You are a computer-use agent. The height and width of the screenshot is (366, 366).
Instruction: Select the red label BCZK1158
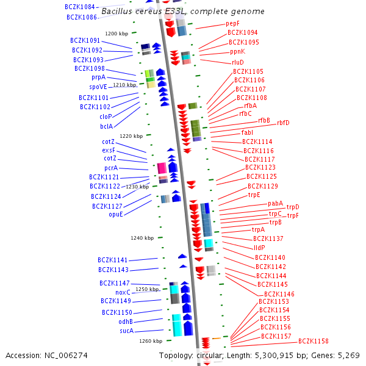click(314, 341)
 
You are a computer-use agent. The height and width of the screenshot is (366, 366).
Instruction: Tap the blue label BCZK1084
click(80, 7)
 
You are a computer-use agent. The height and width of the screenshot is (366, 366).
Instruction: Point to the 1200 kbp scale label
click(116, 34)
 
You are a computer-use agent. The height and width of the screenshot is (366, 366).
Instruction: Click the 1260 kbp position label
click(151, 341)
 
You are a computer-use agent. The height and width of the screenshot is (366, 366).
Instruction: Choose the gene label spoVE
click(98, 87)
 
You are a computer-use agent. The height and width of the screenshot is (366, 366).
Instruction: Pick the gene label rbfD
click(283, 123)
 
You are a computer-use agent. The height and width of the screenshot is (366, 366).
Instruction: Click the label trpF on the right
click(293, 215)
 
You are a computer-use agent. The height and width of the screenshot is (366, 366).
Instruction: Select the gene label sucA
click(126, 331)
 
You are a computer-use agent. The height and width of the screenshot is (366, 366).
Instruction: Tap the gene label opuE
click(116, 215)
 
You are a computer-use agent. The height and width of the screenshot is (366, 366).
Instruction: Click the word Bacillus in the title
click(116, 12)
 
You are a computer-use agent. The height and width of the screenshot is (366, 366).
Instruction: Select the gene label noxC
click(123, 292)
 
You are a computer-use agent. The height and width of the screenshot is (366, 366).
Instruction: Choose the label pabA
click(276, 204)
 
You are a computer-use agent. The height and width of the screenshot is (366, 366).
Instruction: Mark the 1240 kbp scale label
click(142, 238)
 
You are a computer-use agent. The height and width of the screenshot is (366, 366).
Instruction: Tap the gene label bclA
click(106, 126)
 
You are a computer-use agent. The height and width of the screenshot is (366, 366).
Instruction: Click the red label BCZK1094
click(242, 32)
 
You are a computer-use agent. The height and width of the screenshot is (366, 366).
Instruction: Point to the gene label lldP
click(259, 248)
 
